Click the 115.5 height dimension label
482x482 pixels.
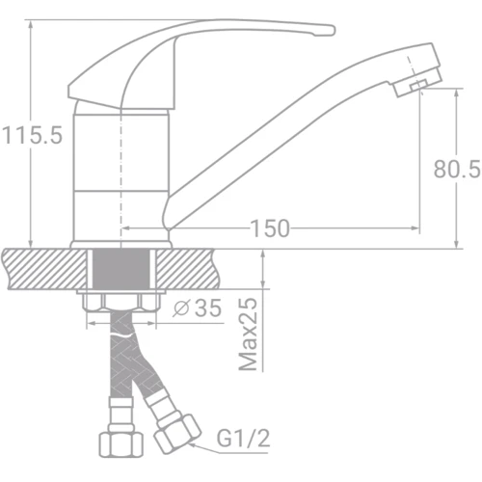pyautogui.click(x=33, y=136)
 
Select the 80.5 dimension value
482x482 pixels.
pyautogui.click(x=456, y=171)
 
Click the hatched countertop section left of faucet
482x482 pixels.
pyautogui.click(x=39, y=267)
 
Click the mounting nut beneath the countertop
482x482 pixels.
pyautogui.click(x=121, y=302)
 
